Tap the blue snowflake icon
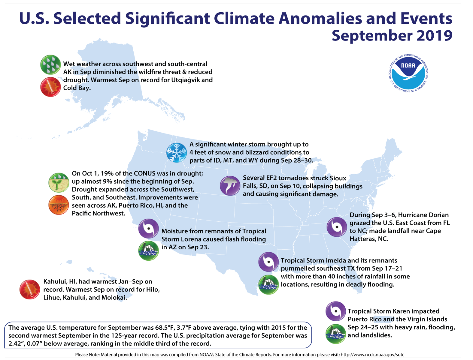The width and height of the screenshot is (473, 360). [x=177, y=153]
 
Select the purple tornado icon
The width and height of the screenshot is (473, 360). [x=230, y=186]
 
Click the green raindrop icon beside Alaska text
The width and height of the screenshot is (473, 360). [x=50, y=64]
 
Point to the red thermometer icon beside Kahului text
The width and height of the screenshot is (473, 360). [x=29, y=289]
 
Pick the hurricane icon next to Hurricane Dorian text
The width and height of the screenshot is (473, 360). [x=337, y=227]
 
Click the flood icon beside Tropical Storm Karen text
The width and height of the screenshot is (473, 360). [x=336, y=334]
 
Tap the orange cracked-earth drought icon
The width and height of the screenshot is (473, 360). [x=59, y=205]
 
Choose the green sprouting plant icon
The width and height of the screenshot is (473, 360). [x=59, y=182]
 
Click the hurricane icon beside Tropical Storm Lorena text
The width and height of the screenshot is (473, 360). [x=148, y=229]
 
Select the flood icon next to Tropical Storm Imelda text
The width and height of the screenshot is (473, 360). [x=269, y=284]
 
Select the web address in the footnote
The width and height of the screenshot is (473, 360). [x=372, y=355]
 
